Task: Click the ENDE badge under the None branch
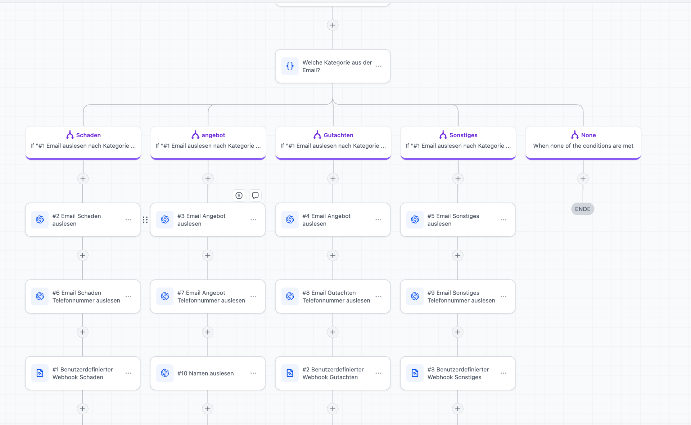click(583, 209)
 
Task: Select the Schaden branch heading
click(83, 135)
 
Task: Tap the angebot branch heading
click(208, 135)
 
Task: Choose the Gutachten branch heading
click(333, 135)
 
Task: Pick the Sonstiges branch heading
click(458, 135)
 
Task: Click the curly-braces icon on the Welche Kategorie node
click(290, 66)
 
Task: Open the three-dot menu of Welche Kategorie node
click(378, 66)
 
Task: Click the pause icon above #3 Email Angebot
click(239, 195)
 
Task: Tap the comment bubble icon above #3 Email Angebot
click(255, 195)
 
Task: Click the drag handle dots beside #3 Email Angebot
click(145, 220)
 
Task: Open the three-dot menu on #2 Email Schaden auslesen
click(128, 220)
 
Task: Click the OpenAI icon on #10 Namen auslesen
click(165, 373)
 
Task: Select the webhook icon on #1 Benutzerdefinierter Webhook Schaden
click(40, 373)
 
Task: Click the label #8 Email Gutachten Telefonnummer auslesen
click(336, 297)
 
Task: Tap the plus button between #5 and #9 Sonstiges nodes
click(458, 255)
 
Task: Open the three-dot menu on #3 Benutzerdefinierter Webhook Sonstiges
click(503, 373)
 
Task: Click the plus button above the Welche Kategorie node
click(333, 25)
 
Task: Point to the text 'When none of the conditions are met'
click(583, 146)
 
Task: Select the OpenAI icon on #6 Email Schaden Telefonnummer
click(40, 296)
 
